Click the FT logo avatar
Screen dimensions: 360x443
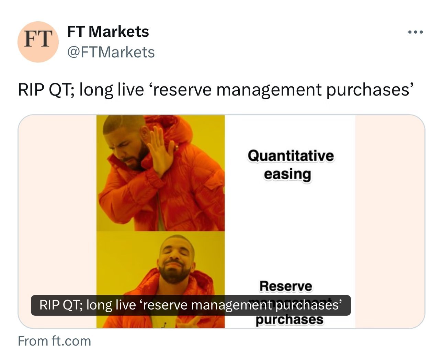pyautogui.click(x=38, y=42)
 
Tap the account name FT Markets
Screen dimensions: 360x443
pyautogui.click(x=108, y=32)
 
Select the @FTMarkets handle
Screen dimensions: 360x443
pyautogui.click(x=111, y=52)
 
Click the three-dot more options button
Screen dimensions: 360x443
pyautogui.click(x=415, y=32)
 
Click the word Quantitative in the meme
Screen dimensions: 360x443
pyautogui.click(x=291, y=156)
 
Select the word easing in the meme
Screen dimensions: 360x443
pyautogui.click(x=287, y=174)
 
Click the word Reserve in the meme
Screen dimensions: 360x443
pyautogui.click(x=286, y=286)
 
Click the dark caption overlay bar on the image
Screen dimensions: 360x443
pyautogui.click(x=191, y=305)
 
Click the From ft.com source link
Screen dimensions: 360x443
pyautogui.click(x=54, y=341)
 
